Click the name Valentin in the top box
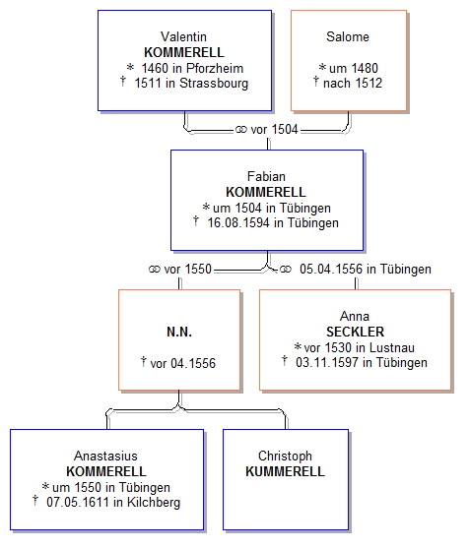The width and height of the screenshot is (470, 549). pyautogui.click(x=183, y=36)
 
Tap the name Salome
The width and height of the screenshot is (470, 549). pyautogui.click(x=348, y=36)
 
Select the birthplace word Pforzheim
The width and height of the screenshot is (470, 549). pyautogui.click(x=215, y=68)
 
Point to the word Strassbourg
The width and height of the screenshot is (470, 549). pyautogui.click(x=214, y=84)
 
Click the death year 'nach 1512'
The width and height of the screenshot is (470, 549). pyautogui.click(x=353, y=84)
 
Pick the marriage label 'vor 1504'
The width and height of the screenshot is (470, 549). pyautogui.click(x=274, y=130)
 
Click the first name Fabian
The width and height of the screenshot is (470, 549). pyautogui.click(x=266, y=176)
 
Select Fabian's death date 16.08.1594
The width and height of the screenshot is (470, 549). pyautogui.click(x=238, y=223)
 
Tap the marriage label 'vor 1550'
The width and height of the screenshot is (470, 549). pyautogui.click(x=187, y=270)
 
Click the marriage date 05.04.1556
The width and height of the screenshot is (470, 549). pyautogui.click(x=331, y=270)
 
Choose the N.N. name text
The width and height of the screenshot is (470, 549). pyautogui.click(x=179, y=332)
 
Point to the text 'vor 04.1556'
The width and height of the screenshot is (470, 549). pyautogui.click(x=182, y=363)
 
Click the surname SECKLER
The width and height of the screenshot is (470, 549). pyautogui.click(x=356, y=332)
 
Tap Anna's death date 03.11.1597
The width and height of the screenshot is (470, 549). pyautogui.click(x=327, y=363)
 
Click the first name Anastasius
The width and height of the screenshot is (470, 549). pyautogui.click(x=105, y=457)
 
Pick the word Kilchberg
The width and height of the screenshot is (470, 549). pyautogui.click(x=154, y=503)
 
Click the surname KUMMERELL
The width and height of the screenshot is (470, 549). pyautogui.click(x=285, y=471)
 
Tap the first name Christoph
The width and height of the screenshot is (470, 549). pyautogui.click(x=285, y=457)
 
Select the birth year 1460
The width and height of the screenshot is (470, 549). pyautogui.click(x=156, y=68)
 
